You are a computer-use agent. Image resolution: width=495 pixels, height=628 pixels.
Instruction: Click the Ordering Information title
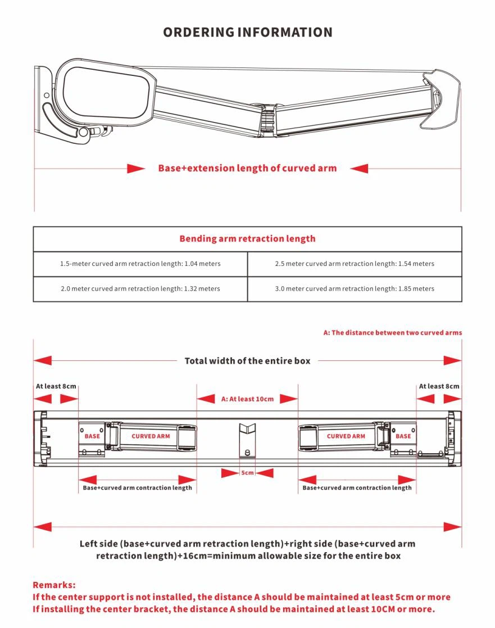247,32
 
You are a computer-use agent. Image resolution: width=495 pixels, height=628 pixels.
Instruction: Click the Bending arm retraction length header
247,238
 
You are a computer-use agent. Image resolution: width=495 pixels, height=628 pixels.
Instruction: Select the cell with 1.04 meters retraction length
140,264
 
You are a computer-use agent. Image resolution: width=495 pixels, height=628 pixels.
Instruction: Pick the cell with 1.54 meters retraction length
355,264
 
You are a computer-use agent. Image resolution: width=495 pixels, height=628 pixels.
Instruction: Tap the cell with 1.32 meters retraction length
140,288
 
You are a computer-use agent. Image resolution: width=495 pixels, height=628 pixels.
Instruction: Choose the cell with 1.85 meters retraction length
355,288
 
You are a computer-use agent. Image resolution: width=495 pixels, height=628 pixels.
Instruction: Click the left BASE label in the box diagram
92,436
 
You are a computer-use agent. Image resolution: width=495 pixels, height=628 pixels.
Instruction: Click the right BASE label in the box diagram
403,436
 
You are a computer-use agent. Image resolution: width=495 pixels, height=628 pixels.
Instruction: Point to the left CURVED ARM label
151,436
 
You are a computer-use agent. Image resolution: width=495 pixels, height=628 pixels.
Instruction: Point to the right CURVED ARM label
346,436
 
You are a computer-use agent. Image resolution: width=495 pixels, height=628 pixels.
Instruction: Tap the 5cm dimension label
247,473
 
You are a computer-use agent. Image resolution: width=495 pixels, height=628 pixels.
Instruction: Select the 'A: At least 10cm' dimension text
247,399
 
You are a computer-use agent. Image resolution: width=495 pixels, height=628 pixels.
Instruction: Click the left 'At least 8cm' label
56,386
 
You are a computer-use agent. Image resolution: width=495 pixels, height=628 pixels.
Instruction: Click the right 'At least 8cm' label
439,386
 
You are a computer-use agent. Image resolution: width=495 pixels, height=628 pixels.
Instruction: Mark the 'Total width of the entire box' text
247,360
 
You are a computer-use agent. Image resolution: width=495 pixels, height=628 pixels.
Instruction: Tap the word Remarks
54,585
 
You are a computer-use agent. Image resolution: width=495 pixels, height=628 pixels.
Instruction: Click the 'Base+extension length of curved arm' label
247,168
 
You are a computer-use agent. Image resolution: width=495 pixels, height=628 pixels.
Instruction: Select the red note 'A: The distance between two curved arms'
392,332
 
